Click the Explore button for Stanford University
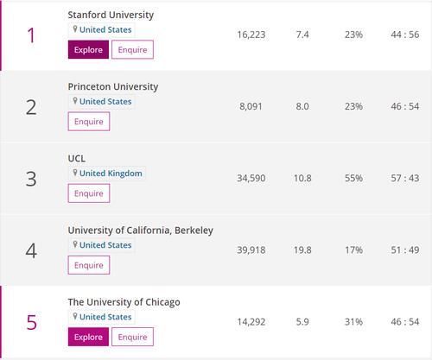pos(88,50)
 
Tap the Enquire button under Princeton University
pos(88,122)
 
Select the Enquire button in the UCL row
pos(88,193)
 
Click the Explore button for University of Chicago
pos(88,337)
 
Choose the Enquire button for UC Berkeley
pos(88,265)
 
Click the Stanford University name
pos(111,15)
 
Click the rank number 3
pos(31,179)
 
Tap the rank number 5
pos(31,322)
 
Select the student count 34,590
pos(251,179)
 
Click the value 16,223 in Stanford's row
pos(251,35)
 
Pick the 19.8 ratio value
pos(302,250)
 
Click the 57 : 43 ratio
pos(405,179)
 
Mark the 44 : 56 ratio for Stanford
pos(405,35)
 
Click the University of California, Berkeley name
pos(140,231)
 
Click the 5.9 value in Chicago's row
pos(302,322)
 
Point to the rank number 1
pos(31,35)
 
